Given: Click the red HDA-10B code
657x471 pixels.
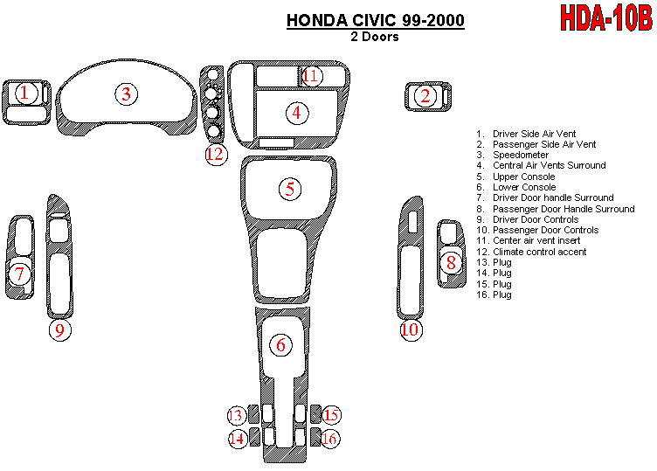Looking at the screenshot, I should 605,18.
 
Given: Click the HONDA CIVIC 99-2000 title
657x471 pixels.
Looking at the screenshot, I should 376,20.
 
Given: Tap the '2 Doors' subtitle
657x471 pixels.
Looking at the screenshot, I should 375,37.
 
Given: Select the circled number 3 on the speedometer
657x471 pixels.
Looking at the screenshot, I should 126,94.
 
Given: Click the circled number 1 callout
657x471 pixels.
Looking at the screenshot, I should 25,92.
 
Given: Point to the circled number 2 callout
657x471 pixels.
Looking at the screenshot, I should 425,96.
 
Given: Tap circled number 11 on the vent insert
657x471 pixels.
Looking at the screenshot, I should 311,76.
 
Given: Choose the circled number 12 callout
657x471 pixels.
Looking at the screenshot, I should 216,155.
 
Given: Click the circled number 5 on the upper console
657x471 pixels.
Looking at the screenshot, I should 290,188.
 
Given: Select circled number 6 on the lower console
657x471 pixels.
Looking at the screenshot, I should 280,345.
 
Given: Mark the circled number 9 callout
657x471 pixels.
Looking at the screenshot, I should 59,329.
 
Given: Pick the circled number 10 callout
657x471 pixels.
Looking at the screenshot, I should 410,329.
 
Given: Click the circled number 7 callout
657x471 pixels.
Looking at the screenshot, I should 20,274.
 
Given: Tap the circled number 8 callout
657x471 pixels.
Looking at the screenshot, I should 451,262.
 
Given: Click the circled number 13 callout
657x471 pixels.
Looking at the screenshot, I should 236,415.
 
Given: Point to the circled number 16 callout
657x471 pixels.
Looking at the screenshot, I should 328,438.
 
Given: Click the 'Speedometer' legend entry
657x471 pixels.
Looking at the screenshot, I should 521,155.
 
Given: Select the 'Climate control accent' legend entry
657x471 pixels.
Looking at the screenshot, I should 539,252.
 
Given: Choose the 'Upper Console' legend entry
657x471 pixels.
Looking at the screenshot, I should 523,177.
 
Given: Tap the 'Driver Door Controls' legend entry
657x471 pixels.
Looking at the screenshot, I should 535,219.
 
